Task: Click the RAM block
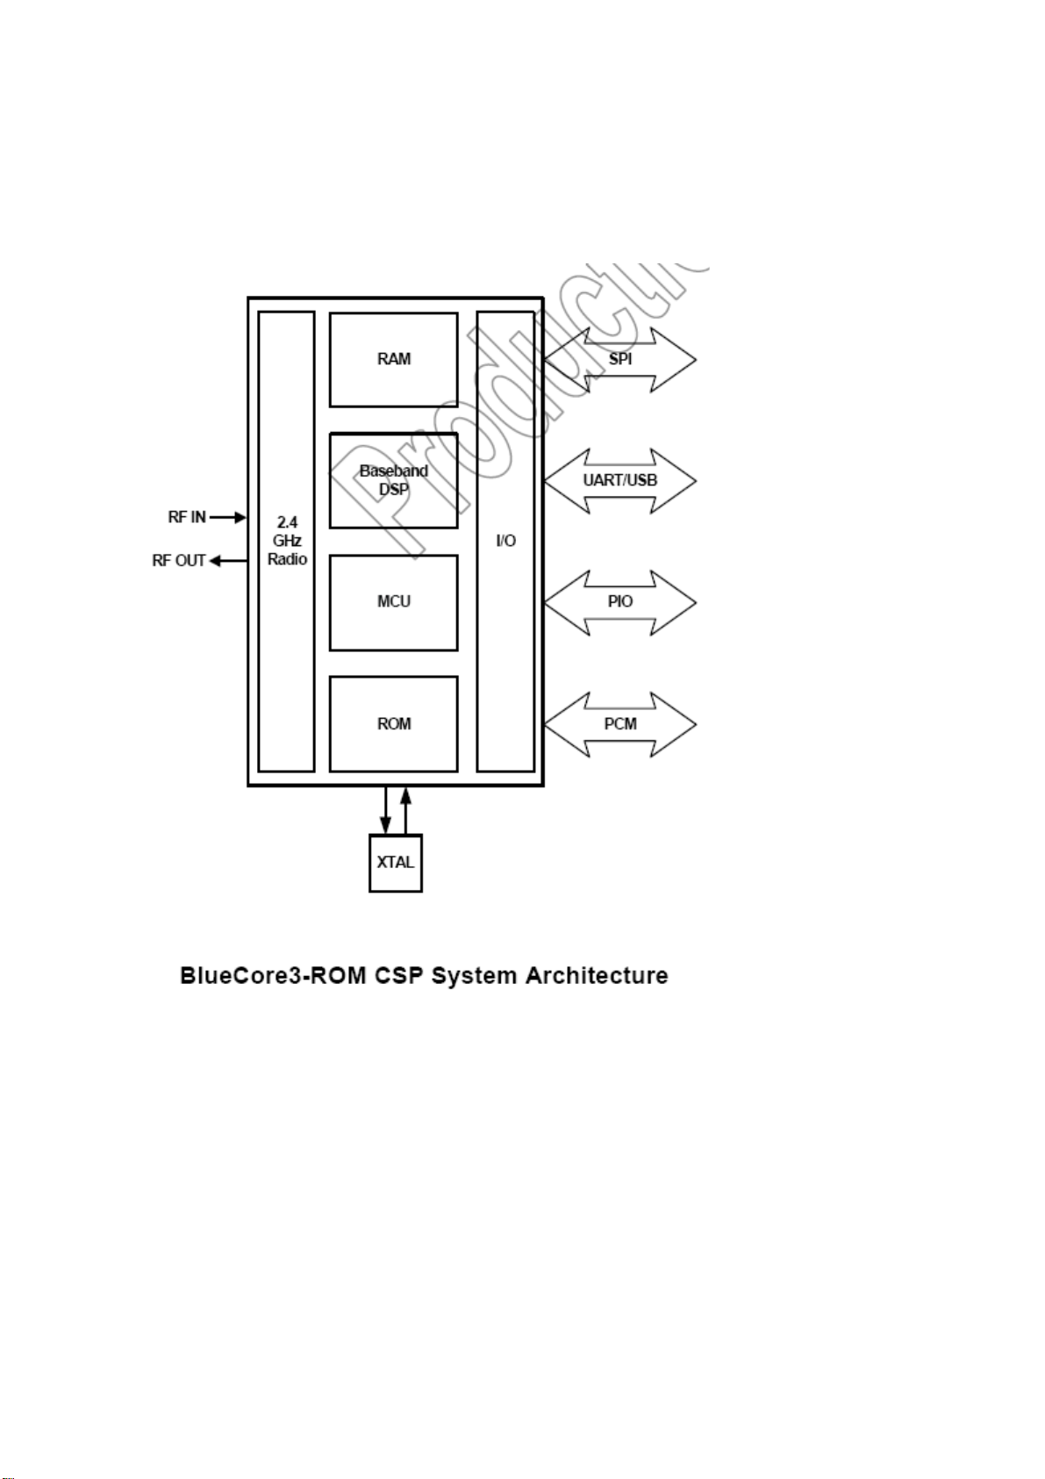(393, 359)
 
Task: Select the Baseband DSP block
(393, 480)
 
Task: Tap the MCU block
(393, 602)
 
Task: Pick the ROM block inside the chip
(393, 724)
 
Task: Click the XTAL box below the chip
(395, 862)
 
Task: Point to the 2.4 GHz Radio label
(287, 541)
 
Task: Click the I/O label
(505, 541)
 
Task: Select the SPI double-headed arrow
(619, 359)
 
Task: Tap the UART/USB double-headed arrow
(619, 480)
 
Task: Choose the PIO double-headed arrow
(619, 602)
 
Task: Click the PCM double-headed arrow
(619, 724)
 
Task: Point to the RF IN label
(187, 517)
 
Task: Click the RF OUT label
(179, 560)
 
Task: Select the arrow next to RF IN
(228, 517)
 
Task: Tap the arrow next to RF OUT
(227, 560)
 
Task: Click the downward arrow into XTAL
(385, 809)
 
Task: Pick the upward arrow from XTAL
(405, 809)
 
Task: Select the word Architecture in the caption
(597, 975)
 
